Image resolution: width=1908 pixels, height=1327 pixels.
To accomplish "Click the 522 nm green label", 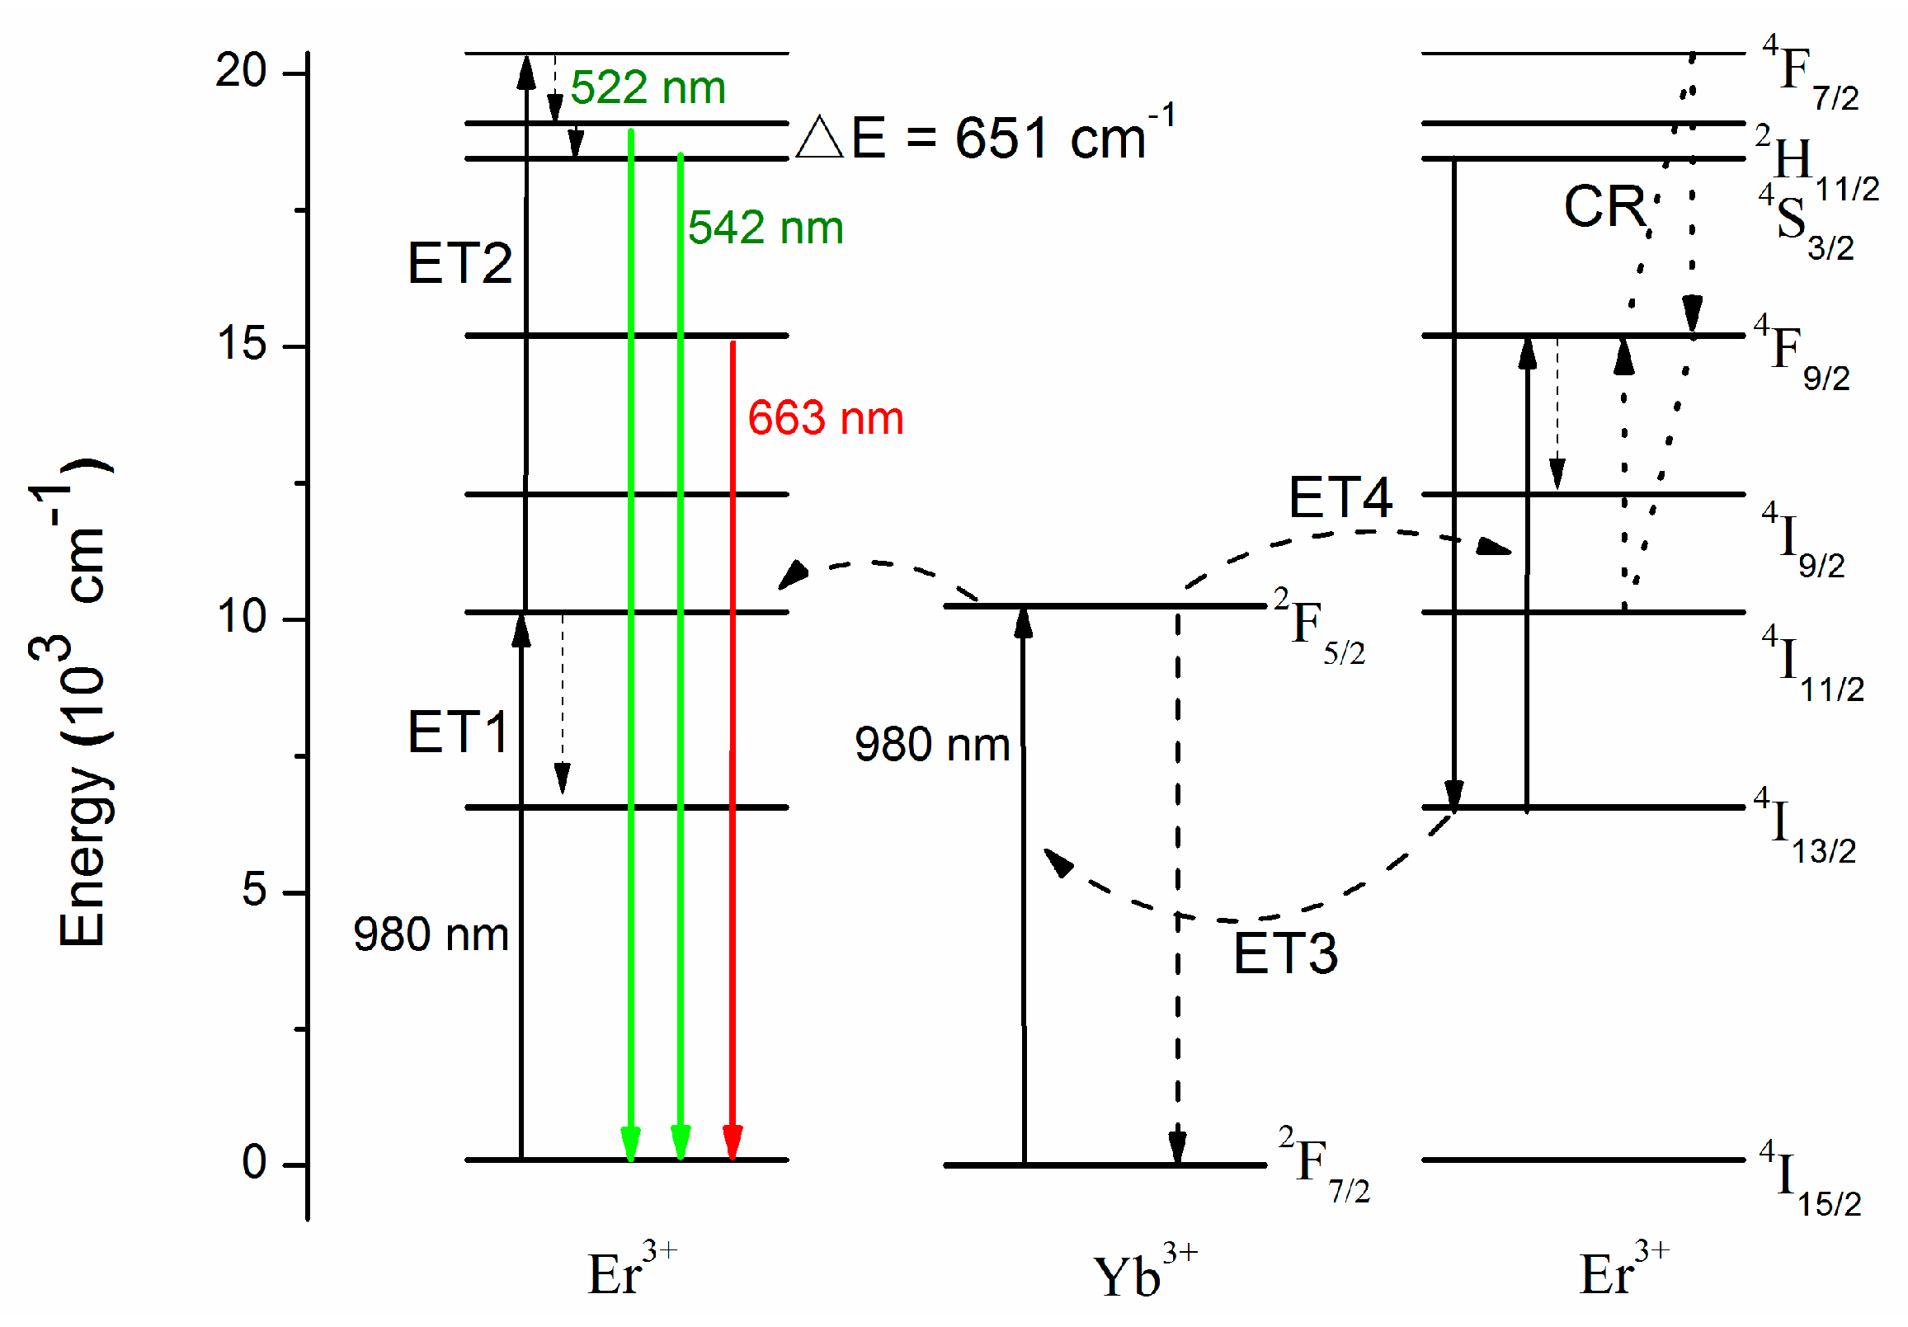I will coord(648,87).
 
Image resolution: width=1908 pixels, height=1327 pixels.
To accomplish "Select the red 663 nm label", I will coord(825,417).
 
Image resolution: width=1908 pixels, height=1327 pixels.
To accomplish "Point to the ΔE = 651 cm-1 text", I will coord(985,134).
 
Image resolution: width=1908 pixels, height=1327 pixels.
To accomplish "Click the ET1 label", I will coord(457,732).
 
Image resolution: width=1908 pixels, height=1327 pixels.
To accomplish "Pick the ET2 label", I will coord(459,263).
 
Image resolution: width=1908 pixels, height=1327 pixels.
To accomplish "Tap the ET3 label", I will coord(1284,953).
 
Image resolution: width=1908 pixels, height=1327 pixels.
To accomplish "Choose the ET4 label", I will coord(1340,498).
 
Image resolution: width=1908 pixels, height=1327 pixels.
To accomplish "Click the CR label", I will coord(1604,206).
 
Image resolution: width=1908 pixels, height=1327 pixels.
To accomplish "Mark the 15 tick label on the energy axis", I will coord(242,342).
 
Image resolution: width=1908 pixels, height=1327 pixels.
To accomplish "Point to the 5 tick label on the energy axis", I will coord(253,890).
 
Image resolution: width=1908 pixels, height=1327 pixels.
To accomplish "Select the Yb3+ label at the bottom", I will coord(1143,1271).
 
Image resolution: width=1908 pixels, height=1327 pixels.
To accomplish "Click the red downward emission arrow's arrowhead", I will coord(733,1141).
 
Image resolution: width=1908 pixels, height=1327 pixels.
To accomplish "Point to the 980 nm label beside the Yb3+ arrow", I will coord(931,744).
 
